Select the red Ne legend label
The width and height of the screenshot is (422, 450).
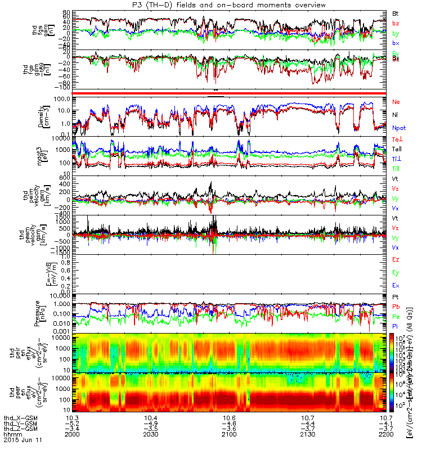pos(396,102)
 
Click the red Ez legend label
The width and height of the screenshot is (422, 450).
pos(396,259)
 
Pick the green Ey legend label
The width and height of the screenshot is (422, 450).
pos(396,273)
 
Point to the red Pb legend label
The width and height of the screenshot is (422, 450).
pos(396,307)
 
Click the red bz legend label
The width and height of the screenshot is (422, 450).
pos(396,23)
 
